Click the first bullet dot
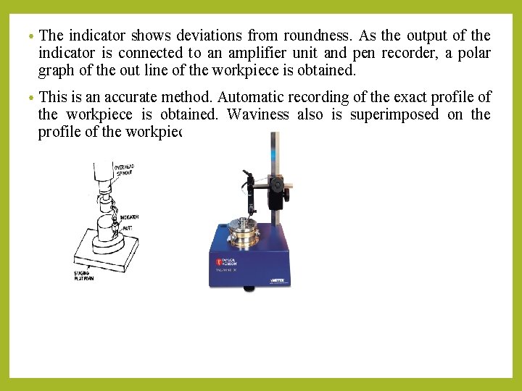tap(31, 35)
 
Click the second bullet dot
tap(31, 97)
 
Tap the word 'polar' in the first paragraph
tap(472, 53)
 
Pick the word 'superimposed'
tap(396, 114)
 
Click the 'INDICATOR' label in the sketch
tap(130, 217)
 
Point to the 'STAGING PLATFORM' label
tap(84, 276)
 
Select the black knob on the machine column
tap(278, 186)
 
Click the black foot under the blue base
tap(249, 288)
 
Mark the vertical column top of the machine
tap(273, 138)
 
